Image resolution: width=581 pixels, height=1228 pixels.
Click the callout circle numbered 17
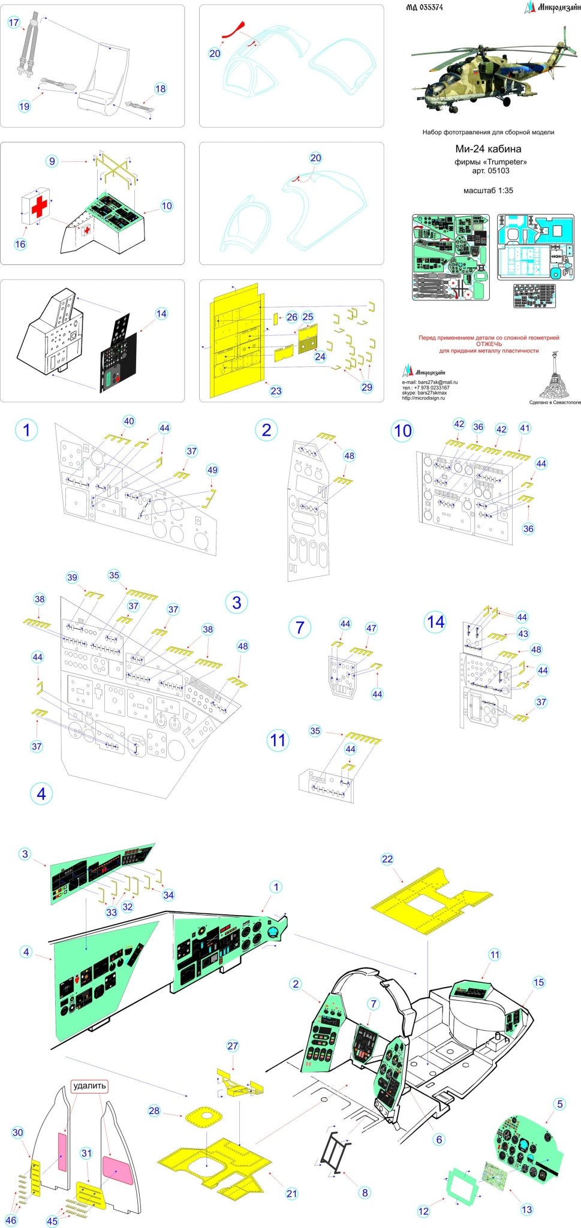pos(14,23)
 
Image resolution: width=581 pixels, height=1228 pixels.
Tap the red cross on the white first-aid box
pos(39,206)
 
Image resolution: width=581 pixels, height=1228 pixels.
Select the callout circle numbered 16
pos(20,244)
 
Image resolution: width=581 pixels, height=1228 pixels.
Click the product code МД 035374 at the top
pos(424,7)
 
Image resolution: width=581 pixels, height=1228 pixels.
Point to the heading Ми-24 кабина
pos(487,149)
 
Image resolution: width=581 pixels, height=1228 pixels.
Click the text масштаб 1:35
pos(488,191)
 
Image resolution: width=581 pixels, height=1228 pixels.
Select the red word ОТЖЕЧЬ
pos(489,344)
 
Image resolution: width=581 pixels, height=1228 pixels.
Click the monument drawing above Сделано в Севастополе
pos(555,378)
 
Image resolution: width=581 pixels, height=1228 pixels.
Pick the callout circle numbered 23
pos(276,391)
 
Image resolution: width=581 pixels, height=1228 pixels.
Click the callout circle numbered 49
pos(212,470)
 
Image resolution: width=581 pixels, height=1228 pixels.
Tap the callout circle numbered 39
pos(72,577)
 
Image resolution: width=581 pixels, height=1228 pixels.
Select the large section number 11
pos(278,740)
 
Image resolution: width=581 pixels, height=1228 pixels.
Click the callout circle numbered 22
pos(387,859)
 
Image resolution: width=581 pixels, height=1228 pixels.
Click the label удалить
pos(89,1086)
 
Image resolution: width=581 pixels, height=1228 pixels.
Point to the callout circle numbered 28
pos(154,1110)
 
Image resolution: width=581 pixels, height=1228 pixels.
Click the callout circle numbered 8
pos(365,1193)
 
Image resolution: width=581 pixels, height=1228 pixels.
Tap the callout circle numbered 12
pos(423,1211)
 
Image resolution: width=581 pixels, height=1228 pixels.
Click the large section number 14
pos(436,622)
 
